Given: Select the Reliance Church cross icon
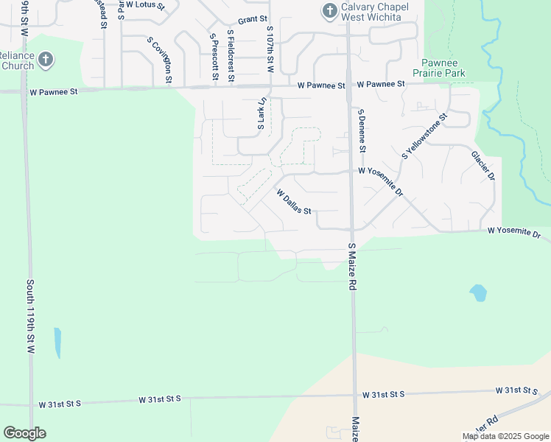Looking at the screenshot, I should [46, 59].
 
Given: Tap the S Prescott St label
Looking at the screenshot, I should [214, 57].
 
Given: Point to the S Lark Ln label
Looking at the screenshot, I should [261, 115].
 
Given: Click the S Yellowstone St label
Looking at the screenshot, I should [425, 136].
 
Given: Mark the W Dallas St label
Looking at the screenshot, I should [294, 201].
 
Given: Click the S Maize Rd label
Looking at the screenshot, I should [351, 267].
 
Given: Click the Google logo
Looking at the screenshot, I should [24, 433].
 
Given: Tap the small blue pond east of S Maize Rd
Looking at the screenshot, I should [478, 293].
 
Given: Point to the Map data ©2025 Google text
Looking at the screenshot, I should [505, 436].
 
